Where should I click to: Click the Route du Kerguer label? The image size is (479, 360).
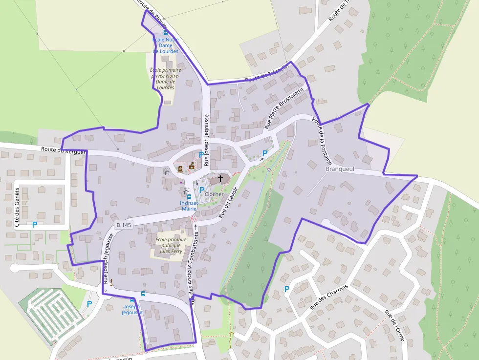click(64, 150)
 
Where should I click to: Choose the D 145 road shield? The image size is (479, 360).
click(124, 225)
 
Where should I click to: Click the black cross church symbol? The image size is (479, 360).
click(220, 179)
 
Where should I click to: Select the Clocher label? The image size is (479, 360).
click(214, 194)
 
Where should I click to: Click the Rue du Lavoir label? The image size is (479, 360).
click(228, 202)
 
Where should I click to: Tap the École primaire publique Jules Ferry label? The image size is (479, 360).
click(171, 246)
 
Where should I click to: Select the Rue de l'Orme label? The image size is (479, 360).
click(394, 325)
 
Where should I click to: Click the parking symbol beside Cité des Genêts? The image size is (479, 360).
click(35, 225)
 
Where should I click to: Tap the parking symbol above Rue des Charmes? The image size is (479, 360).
click(287, 289)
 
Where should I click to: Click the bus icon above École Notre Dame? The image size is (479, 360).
click(166, 33)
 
